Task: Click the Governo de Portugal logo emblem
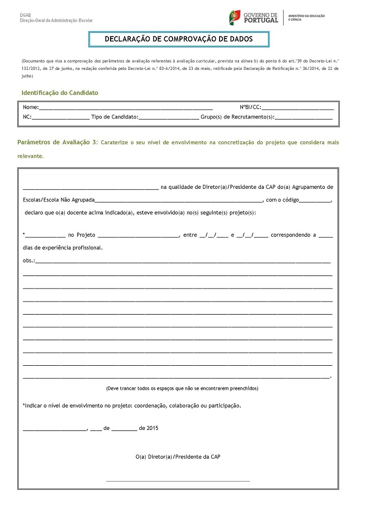[x=235, y=17]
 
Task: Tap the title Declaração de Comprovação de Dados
[x=178, y=39]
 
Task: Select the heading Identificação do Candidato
[x=59, y=93]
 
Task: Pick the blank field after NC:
[x=60, y=117]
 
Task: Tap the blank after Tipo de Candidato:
[x=168, y=117]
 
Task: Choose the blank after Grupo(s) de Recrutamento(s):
[x=303, y=117]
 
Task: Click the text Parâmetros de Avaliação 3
[x=57, y=142]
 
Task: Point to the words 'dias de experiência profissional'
[x=63, y=247]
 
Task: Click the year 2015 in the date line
[x=152, y=428]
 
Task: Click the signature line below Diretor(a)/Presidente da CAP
[x=178, y=480]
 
